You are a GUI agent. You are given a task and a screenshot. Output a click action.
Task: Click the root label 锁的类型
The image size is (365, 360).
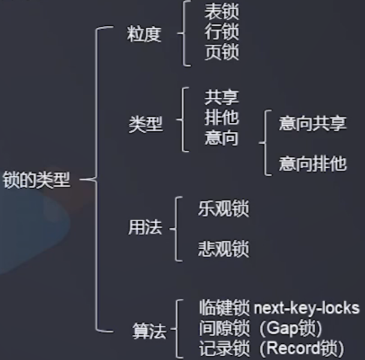[37, 180]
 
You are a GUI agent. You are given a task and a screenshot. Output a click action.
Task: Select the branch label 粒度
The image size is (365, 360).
[144, 34]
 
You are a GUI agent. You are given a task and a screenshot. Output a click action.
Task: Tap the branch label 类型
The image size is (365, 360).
[146, 124]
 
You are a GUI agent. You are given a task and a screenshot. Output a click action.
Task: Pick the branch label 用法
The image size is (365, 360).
[145, 228]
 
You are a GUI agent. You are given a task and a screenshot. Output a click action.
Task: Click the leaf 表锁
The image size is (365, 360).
[221, 12]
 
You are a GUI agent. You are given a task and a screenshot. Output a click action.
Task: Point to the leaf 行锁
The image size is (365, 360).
[221, 32]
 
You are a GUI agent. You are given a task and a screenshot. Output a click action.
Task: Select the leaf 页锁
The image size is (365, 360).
[221, 52]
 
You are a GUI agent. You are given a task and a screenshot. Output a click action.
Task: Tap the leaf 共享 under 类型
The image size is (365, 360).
[221, 98]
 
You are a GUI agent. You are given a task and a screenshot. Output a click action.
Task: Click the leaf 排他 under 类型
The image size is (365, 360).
[221, 117]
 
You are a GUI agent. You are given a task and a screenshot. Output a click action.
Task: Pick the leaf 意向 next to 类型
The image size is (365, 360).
[221, 137]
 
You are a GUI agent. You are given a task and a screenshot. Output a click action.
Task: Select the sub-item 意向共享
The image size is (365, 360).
[312, 123]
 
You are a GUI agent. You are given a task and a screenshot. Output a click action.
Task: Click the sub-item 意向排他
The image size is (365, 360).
[312, 164]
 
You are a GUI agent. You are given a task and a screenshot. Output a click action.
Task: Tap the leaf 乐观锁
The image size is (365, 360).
[223, 209]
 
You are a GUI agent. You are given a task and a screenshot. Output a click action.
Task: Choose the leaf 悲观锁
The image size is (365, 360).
[223, 249]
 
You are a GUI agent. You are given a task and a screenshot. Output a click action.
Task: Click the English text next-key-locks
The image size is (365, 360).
[306, 308]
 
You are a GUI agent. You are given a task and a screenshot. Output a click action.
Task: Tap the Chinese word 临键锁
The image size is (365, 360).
[224, 308]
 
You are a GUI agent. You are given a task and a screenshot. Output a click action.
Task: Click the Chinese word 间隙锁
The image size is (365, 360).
[224, 328]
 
